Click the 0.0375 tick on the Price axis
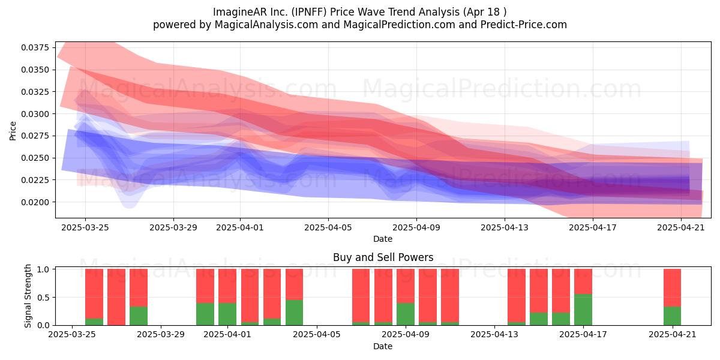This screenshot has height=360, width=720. pyautogui.click(x=35, y=47)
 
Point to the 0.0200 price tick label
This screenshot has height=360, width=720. pyautogui.click(x=35, y=202)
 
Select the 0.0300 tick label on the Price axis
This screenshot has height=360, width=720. pyautogui.click(x=35, y=114)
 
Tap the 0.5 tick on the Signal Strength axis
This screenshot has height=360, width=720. pyautogui.click(x=43, y=298)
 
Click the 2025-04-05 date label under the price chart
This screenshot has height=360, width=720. pyautogui.click(x=328, y=227)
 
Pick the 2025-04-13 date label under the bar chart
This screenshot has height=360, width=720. pyautogui.click(x=494, y=335)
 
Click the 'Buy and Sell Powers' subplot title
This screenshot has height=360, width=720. pyautogui.click(x=383, y=257)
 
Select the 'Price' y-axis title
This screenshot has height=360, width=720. pyautogui.click(x=13, y=131)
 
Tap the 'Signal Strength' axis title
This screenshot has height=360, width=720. pyautogui.click(x=28, y=296)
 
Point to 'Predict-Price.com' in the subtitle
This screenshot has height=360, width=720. pyautogui.click(x=524, y=25)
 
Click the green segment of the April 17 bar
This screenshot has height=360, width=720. pyautogui.click(x=583, y=310)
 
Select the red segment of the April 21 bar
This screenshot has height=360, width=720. pyautogui.click(x=672, y=287)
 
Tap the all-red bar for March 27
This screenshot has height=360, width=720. pyautogui.click(x=116, y=297)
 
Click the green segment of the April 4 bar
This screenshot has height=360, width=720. pyautogui.click(x=294, y=313)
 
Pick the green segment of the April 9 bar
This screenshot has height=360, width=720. pyautogui.click(x=406, y=314)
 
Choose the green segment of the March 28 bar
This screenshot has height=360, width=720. pyautogui.click(x=139, y=316)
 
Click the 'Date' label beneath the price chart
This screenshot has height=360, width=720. pyautogui.click(x=383, y=239)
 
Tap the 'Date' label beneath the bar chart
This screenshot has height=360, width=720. pyautogui.click(x=383, y=346)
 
